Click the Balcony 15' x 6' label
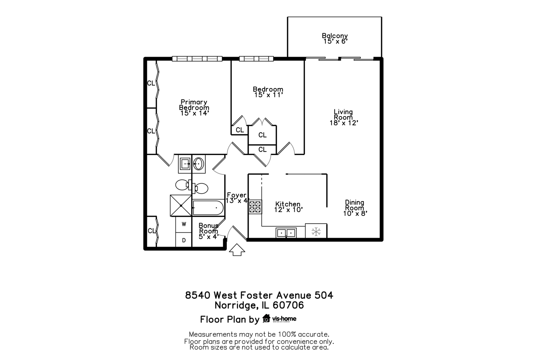tap(335, 38)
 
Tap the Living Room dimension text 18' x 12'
tap(344, 123)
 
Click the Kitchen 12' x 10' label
tap(288, 207)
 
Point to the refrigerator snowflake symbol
tap(316, 231)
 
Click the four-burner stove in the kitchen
tap(255, 207)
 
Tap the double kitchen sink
tap(286, 233)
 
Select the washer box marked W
tap(184, 224)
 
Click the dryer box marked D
tap(184, 240)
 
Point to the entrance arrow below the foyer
tap(237, 250)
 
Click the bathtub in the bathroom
tap(208, 208)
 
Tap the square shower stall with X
tap(181, 205)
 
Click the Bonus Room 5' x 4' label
tap(208, 231)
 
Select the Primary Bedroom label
tap(194, 107)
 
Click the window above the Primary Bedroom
tap(197, 59)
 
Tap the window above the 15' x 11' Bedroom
tap(256, 59)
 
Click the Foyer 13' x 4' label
tap(237, 198)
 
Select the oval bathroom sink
tap(198, 164)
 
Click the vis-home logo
tap(279, 319)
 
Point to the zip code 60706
tap(288, 305)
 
